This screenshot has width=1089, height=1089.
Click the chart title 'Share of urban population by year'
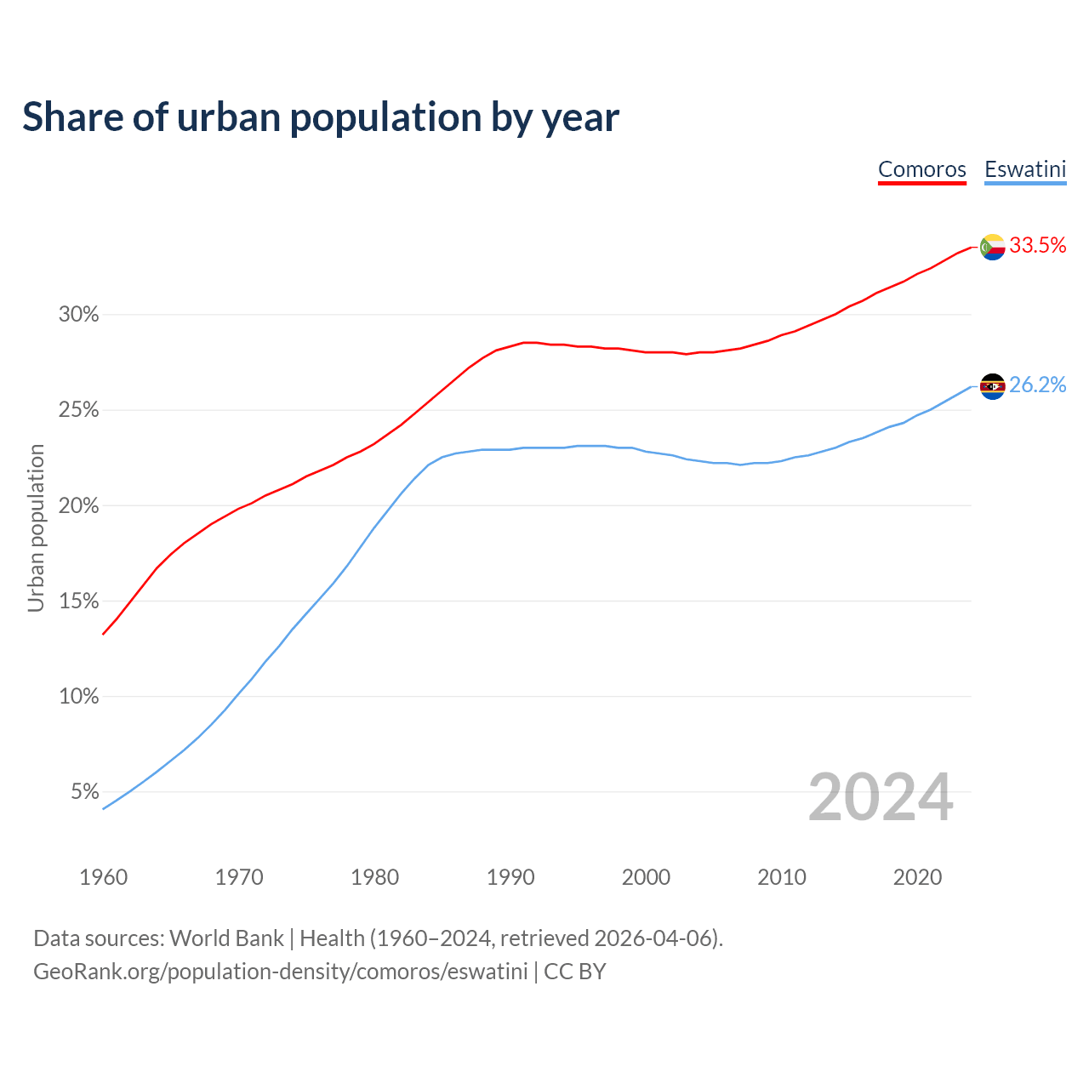pyautogui.click(x=321, y=117)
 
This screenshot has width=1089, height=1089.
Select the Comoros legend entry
pyautogui.click(x=922, y=169)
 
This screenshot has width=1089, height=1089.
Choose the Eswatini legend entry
pyautogui.click(x=1025, y=169)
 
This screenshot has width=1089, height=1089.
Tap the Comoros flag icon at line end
pyautogui.click(x=993, y=247)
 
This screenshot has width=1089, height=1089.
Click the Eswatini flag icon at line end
pyautogui.click(x=993, y=386)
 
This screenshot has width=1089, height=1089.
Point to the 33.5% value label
pyautogui.click(x=1038, y=246)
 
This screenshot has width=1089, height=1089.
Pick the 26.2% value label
pyautogui.click(x=1038, y=385)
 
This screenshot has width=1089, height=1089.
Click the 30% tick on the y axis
pyautogui.click(x=79, y=315)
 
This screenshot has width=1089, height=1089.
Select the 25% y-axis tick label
pyautogui.click(x=79, y=410)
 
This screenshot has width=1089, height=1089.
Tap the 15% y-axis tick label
pyautogui.click(x=79, y=602)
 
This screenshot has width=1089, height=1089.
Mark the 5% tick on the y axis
pyautogui.click(x=85, y=792)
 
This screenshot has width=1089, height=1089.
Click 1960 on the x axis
pyautogui.click(x=103, y=877)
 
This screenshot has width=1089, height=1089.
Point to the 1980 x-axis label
pyautogui.click(x=374, y=877)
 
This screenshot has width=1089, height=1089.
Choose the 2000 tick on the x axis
pyautogui.click(x=646, y=877)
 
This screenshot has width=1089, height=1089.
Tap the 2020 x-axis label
pyautogui.click(x=917, y=877)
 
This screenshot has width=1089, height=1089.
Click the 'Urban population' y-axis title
pyautogui.click(x=36, y=527)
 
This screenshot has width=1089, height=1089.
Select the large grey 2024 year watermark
pyautogui.click(x=881, y=798)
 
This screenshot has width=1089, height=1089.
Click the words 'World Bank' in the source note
pyautogui.click(x=226, y=938)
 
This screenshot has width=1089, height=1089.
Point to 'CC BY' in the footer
pyautogui.click(x=575, y=972)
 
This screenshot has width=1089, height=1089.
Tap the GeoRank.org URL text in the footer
pyautogui.click(x=281, y=972)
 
